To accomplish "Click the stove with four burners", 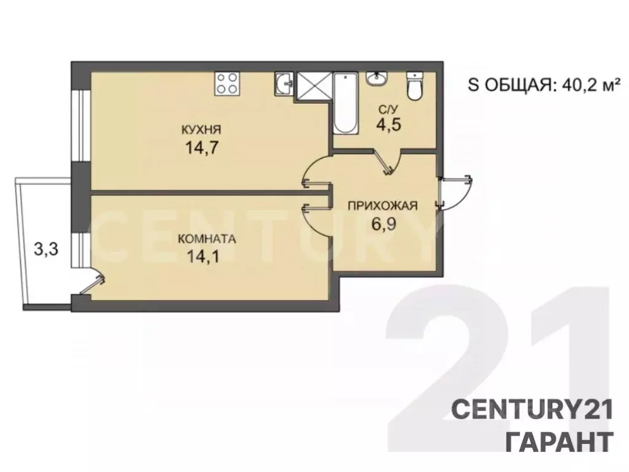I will pos(227,84).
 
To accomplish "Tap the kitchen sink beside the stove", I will pos(283,84).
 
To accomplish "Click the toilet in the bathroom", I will pos(415,85).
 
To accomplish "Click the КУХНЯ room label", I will pos(201,130).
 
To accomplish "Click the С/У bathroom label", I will pos(385,109).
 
